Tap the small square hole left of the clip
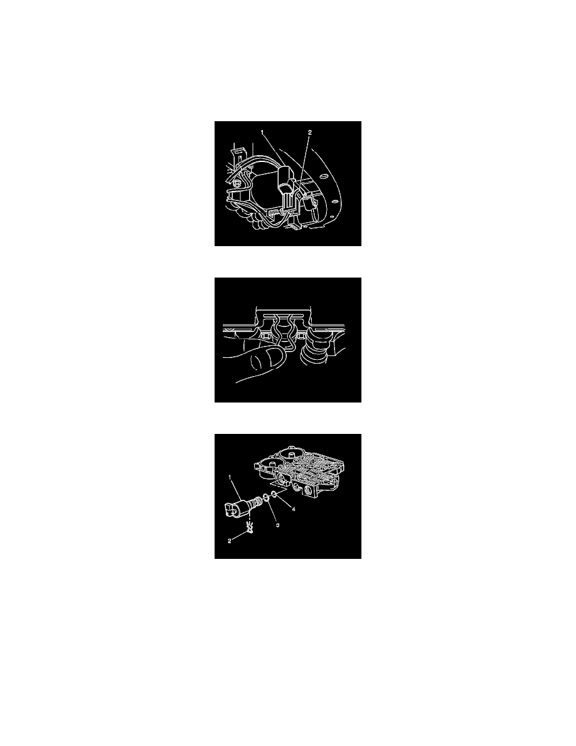(256, 345)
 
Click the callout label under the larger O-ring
(277, 524)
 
